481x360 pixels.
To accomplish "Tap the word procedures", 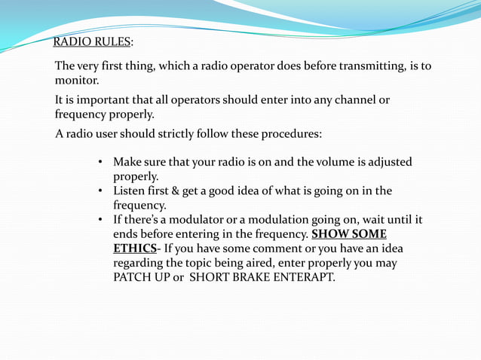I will [x=291, y=134].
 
